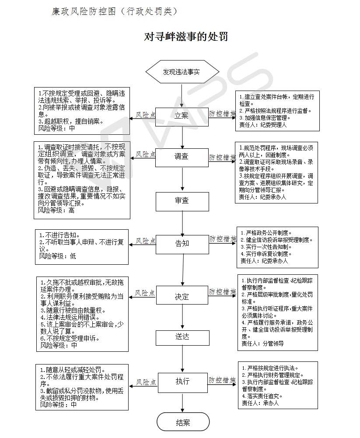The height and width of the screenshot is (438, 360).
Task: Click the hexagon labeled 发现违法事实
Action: click(182, 72)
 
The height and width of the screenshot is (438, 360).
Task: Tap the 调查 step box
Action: click(182, 158)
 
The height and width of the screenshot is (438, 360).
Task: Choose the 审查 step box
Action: click(182, 201)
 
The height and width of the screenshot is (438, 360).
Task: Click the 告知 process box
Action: click(182, 245)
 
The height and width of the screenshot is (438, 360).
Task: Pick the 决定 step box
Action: click(182, 295)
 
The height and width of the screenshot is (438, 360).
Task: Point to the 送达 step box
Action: click(182, 338)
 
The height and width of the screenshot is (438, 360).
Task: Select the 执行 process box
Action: click(183, 383)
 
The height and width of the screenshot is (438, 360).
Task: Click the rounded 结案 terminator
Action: click(183, 422)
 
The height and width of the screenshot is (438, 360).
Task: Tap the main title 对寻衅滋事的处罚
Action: click(186, 37)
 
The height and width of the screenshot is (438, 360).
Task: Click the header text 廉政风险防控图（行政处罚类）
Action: click(115, 11)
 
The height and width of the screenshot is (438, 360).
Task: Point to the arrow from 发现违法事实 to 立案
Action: click(182, 95)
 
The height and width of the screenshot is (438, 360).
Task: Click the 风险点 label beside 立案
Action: click(146, 115)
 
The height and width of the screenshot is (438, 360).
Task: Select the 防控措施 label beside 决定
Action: click(223, 291)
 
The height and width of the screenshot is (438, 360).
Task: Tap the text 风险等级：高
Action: click(56, 210)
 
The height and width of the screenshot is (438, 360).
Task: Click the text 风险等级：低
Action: click(58, 256)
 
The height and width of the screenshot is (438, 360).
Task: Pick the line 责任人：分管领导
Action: click(262, 343)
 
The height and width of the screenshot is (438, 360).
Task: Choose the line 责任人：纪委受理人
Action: click(263, 125)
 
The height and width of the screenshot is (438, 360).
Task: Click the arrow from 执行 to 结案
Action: click(182, 403)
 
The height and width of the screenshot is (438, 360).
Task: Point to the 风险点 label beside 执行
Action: click(146, 382)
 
